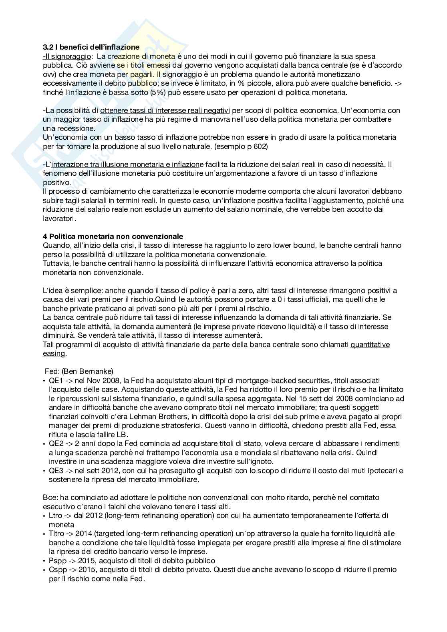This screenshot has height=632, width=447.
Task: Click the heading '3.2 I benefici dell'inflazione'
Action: coord(91,47)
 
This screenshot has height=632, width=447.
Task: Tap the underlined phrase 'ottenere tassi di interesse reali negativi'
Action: coord(165,110)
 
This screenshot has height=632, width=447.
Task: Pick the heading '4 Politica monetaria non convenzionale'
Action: coord(113,236)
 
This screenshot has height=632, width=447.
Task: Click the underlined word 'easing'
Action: coord(54,353)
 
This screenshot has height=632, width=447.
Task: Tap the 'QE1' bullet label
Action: coord(56,380)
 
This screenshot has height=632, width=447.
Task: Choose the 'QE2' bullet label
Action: coord(56,443)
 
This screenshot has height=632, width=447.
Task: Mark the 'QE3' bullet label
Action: coord(56,470)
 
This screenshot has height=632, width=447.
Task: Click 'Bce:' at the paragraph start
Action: coord(50,497)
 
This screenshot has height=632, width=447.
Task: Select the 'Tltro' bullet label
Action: coord(57,534)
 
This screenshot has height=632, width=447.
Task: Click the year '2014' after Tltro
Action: coord(85,534)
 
